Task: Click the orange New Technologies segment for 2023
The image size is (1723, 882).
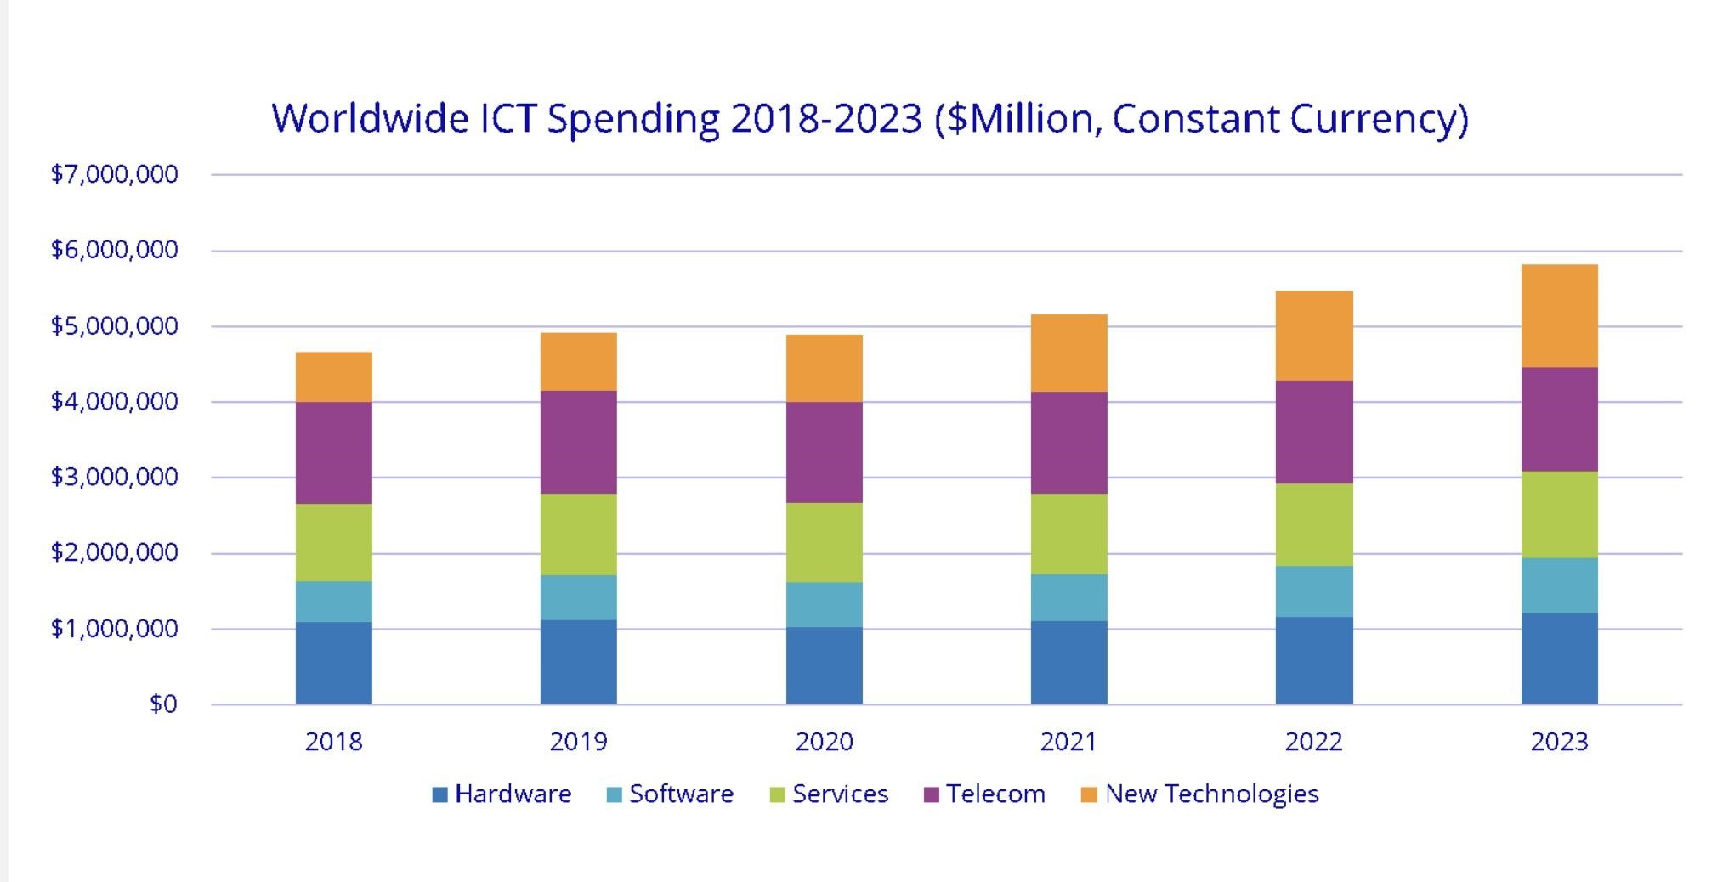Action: click(1559, 316)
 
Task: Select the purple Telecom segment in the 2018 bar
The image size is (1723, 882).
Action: click(333, 453)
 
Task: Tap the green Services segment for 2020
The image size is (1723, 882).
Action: click(824, 542)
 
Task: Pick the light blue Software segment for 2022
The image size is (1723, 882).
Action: click(1313, 591)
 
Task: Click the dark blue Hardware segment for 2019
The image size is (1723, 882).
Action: click(578, 662)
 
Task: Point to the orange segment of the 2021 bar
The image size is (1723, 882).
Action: click(1068, 353)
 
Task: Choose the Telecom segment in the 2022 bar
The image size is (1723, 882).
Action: click(1313, 433)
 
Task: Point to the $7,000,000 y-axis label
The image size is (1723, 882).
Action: click(114, 174)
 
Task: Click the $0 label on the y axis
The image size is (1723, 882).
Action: click(163, 704)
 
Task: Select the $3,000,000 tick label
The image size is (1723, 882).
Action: click(114, 477)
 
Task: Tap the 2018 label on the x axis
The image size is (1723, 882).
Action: click(333, 742)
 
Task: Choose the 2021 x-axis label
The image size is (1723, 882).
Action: click(1068, 742)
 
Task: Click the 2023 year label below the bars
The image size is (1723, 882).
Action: click(1559, 742)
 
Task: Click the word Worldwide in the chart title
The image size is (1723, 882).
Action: click(370, 118)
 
